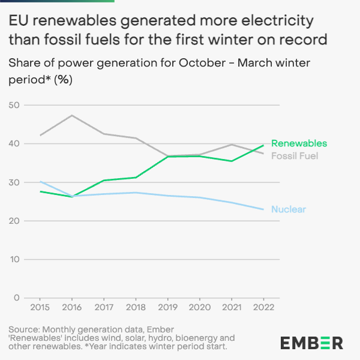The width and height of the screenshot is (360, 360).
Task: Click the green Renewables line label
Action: coord(299,143)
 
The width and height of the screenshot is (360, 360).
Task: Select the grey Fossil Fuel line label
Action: coord(295,156)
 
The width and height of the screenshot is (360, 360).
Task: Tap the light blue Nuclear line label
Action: coord(289,209)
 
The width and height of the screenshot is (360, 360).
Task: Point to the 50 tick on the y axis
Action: coord(14,106)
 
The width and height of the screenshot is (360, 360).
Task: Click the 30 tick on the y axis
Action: coord(14,182)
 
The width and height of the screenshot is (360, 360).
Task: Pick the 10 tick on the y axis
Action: coord(14,259)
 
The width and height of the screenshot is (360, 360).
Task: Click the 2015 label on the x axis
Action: coord(40,307)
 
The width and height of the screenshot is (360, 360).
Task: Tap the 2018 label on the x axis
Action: coord(136,307)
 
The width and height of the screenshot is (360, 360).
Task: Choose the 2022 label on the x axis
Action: coord(264,307)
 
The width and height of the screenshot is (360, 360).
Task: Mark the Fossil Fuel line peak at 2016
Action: coord(71,115)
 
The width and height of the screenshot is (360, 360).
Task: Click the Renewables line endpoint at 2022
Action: coord(264,145)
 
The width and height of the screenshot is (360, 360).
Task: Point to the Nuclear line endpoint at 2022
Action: coord(264,209)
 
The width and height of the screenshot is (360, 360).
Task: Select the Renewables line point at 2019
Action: coord(168,157)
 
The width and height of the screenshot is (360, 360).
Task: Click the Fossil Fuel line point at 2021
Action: coord(232,145)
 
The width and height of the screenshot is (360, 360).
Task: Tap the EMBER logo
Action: coord(311,343)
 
